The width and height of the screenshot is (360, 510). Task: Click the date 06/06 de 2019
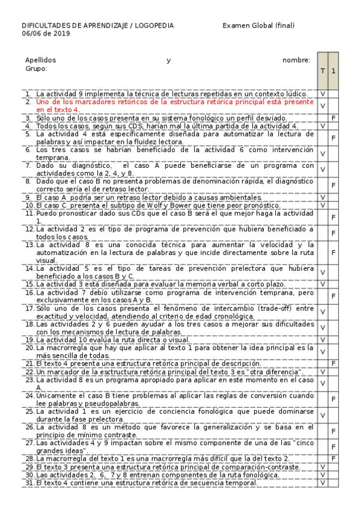click(x=46, y=34)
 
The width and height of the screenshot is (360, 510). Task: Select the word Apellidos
click(x=40, y=60)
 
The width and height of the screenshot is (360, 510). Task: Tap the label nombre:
click(x=296, y=60)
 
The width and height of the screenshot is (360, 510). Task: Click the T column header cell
click(x=323, y=71)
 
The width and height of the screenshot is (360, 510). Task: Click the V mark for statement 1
click(x=323, y=94)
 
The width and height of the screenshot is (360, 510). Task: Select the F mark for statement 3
click(x=334, y=119)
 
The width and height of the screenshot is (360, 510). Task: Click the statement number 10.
click(x=29, y=206)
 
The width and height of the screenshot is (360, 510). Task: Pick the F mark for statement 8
click(x=334, y=185)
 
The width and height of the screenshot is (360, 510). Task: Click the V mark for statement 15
click(x=323, y=284)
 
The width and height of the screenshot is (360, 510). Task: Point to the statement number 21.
click(x=29, y=364)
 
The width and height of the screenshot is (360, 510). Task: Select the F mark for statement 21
click(x=334, y=364)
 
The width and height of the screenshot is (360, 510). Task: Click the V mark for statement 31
click(x=323, y=483)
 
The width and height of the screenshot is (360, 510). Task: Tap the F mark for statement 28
click(x=334, y=459)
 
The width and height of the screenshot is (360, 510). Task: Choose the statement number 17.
click(x=29, y=308)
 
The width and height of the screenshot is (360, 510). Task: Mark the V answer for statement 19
click(x=323, y=340)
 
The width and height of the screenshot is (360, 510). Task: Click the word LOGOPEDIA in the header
click(x=154, y=25)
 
